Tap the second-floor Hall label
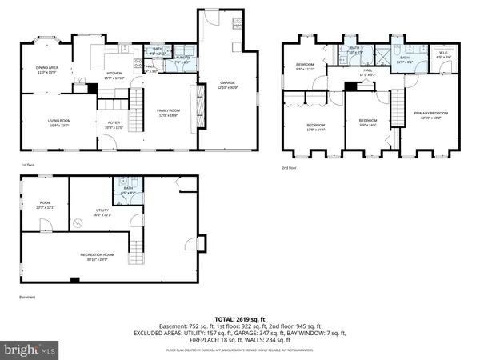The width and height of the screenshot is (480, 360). click(368, 72)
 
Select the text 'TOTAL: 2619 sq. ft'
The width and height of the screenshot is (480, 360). click(240, 318)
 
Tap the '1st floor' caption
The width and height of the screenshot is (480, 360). click(29, 165)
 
